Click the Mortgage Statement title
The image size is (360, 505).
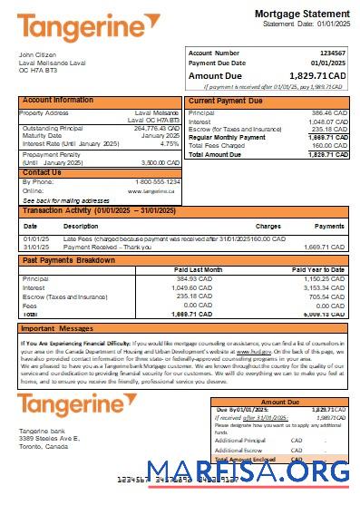[297, 14]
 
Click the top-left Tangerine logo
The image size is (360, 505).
[75, 28]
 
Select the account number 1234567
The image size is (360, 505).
[330, 53]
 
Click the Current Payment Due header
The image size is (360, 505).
[227, 100]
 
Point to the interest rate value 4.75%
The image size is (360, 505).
[169, 144]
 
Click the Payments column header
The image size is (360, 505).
[329, 226]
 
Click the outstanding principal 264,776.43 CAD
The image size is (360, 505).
[156, 129]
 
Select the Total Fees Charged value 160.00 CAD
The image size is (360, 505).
[328, 145]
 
